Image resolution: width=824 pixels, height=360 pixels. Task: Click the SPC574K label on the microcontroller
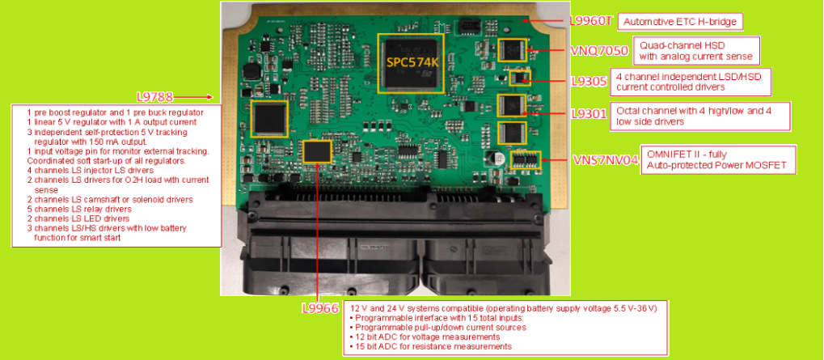click(x=412, y=62)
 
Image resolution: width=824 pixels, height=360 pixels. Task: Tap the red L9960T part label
click(x=591, y=21)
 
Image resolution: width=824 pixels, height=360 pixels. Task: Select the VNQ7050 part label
click(x=600, y=50)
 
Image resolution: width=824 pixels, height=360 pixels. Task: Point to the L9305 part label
click(x=589, y=82)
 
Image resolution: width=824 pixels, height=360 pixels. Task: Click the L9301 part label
click(x=589, y=112)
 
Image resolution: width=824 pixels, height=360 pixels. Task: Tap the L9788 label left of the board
click(x=154, y=97)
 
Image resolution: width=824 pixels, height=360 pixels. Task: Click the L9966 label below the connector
click(x=320, y=308)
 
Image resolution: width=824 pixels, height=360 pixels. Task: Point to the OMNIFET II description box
click(x=718, y=159)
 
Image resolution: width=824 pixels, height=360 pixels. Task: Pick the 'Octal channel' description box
click(x=700, y=116)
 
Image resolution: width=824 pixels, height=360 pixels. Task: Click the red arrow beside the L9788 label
click(x=193, y=97)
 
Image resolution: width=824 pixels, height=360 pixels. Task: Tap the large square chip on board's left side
click(x=269, y=118)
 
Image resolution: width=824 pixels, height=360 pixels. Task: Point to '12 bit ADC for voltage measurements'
click(x=424, y=337)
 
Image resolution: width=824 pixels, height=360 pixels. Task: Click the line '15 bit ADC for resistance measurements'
click(x=430, y=346)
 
